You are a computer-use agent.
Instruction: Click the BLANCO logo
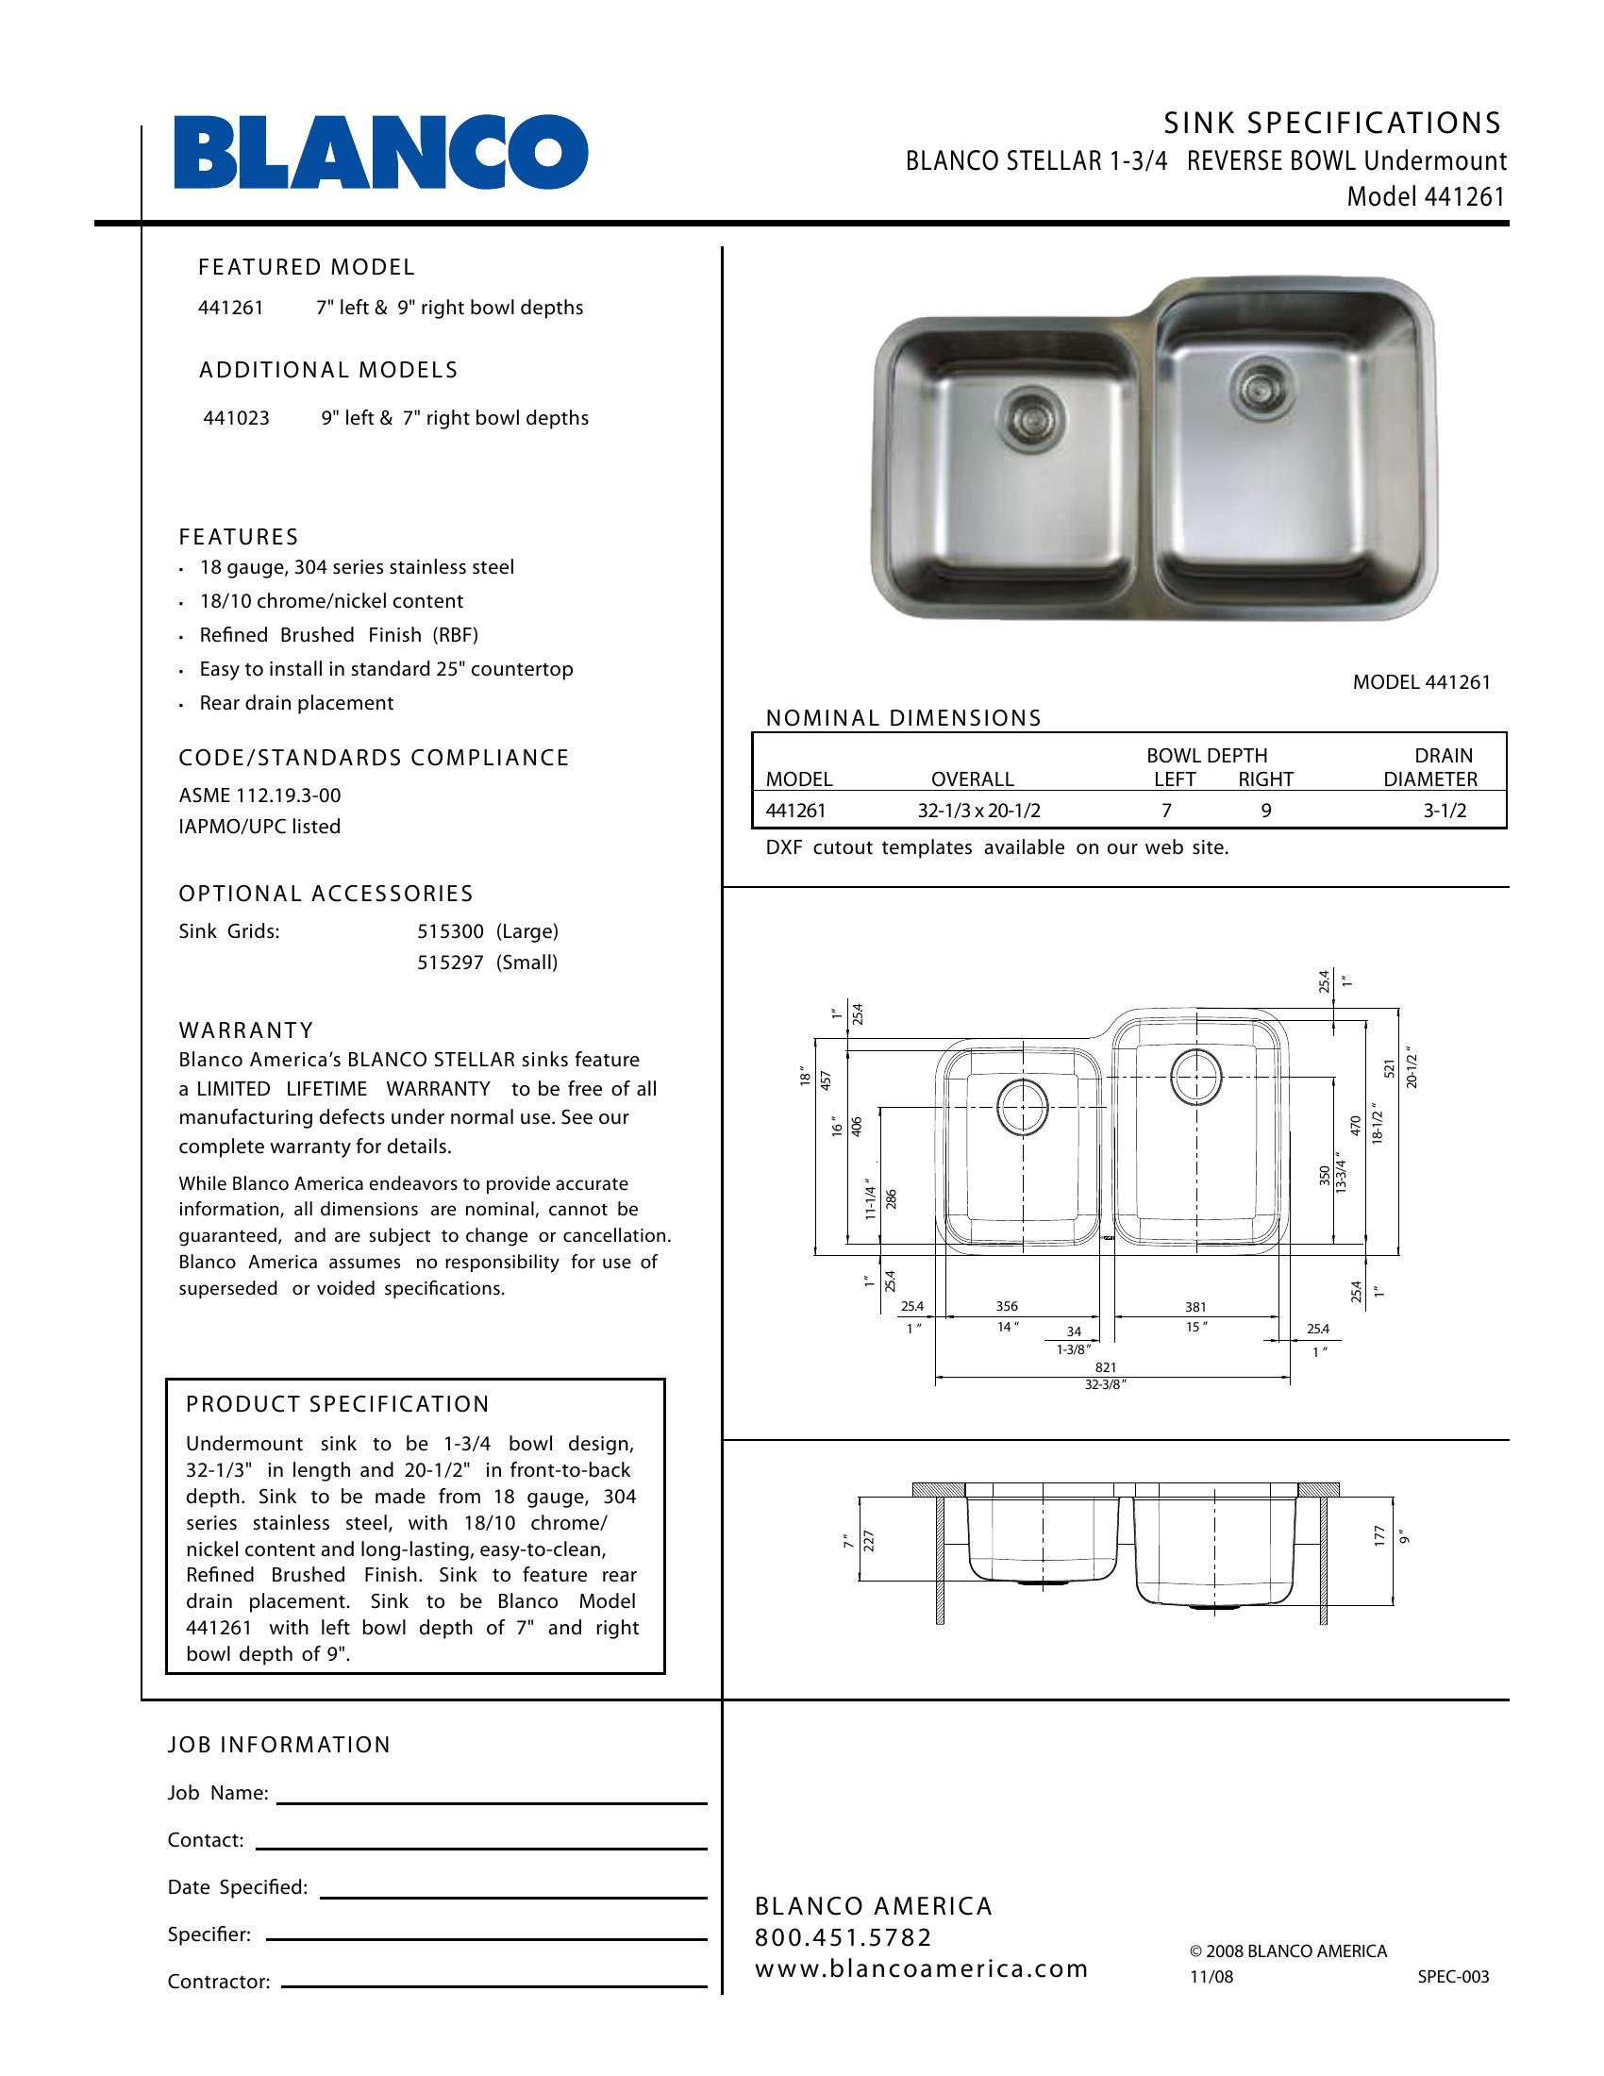[x=380, y=152]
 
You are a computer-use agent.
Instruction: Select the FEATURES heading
[x=239, y=537]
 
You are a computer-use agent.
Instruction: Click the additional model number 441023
[x=236, y=418]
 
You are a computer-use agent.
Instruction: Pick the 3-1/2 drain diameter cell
[x=1445, y=811]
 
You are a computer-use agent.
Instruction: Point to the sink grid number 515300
[x=450, y=931]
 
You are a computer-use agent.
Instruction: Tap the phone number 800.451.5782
[x=844, y=1937]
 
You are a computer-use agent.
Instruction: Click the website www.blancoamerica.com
[x=921, y=1968]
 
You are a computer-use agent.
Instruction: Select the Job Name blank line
[x=492, y=1802]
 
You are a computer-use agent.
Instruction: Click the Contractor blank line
[x=494, y=1986]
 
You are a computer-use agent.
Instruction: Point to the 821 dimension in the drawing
[x=1105, y=1368]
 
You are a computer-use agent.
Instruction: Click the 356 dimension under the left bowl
[x=1007, y=1307]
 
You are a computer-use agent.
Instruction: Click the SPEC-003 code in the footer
[x=1453, y=1977]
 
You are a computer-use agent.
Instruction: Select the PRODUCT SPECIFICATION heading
[x=338, y=1404]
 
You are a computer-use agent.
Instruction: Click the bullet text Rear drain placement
[x=295, y=703]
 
